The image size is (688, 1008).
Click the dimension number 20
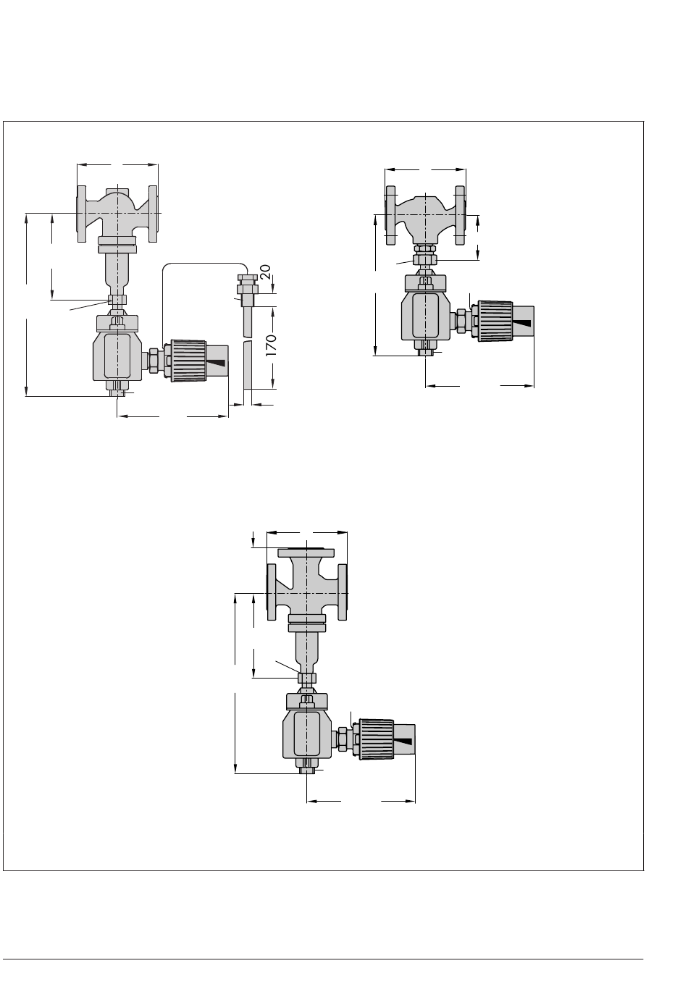(x=266, y=272)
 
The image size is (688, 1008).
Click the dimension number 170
(x=271, y=345)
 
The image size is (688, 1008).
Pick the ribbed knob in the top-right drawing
(x=495, y=322)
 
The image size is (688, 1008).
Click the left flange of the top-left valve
(x=81, y=214)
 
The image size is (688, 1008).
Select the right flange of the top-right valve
(x=460, y=216)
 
